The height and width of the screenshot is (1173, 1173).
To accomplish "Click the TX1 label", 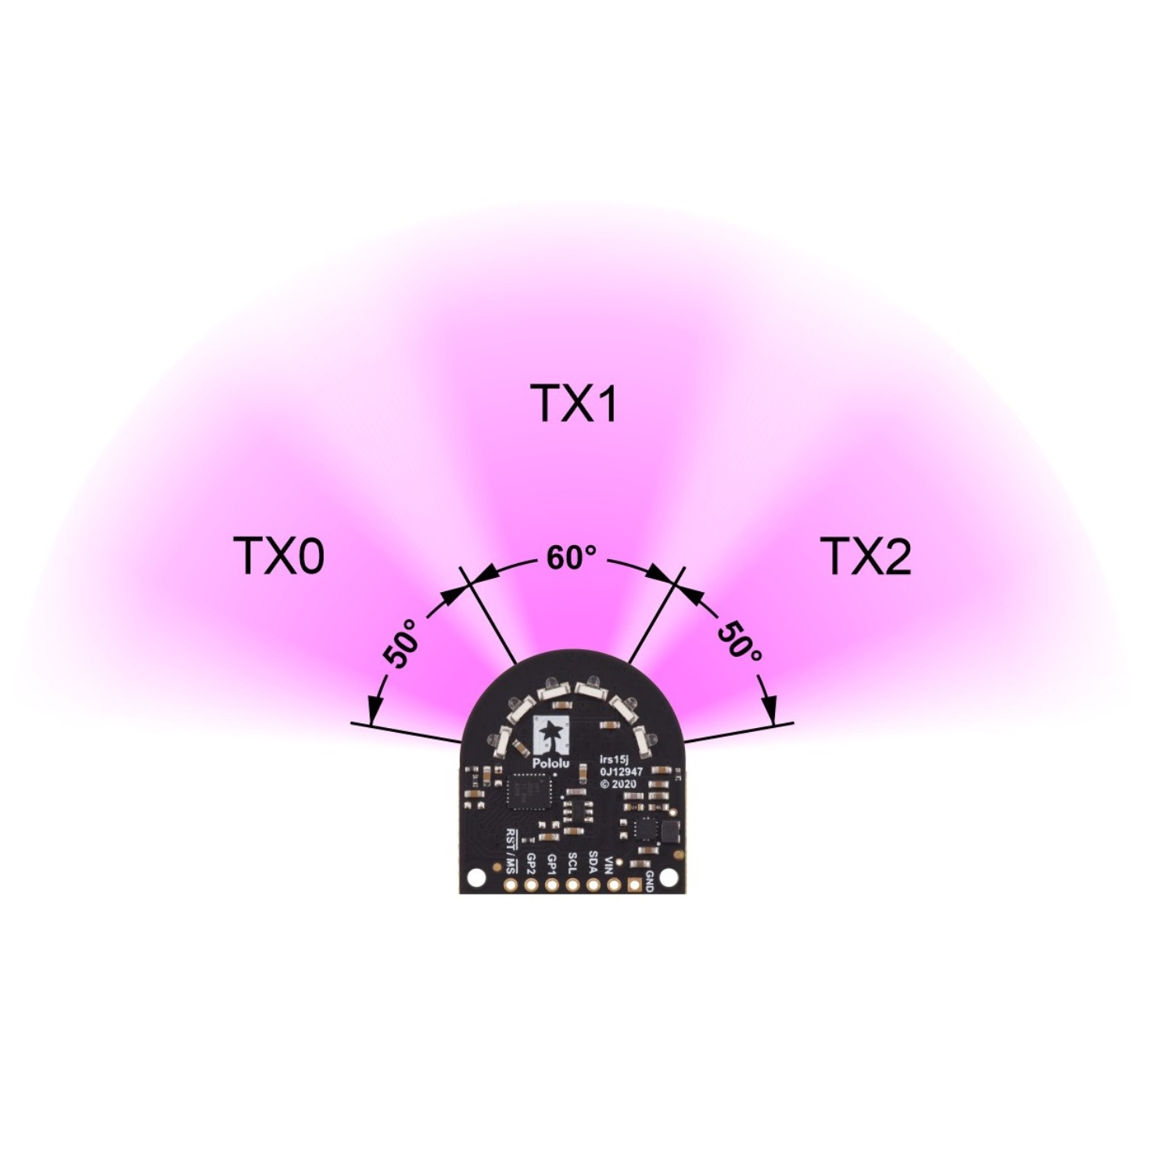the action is pyautogui.click(x=574, y=404).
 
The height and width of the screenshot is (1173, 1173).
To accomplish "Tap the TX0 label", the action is pyautogui.click(x=279, y=557).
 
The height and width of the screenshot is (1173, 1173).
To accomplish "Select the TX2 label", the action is pyautogui.click(x=867, y=557).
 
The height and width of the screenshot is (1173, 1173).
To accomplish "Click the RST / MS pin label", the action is pyautogui.click(x=512, y=851).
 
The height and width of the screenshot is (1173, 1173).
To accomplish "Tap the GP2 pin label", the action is pyautogui.click(x=533, y=862).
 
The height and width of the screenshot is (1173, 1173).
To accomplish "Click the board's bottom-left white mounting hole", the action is pyautogui.click(x=472, y=879).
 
